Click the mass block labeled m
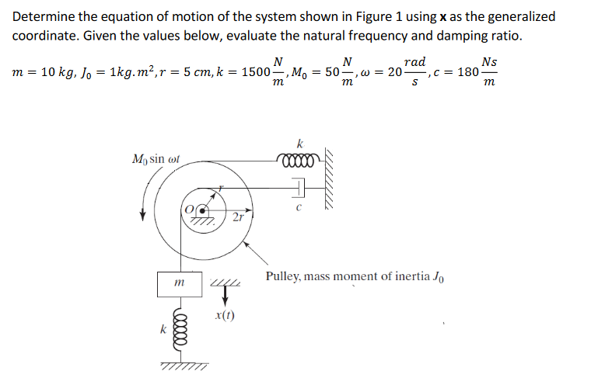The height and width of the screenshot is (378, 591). click(180, 283)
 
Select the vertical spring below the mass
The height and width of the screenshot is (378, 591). click(180, 333)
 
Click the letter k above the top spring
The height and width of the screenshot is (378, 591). click(299, 143)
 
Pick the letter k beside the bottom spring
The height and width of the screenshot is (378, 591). click(163, 329)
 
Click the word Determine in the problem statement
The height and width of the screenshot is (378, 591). click(44, 16)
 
